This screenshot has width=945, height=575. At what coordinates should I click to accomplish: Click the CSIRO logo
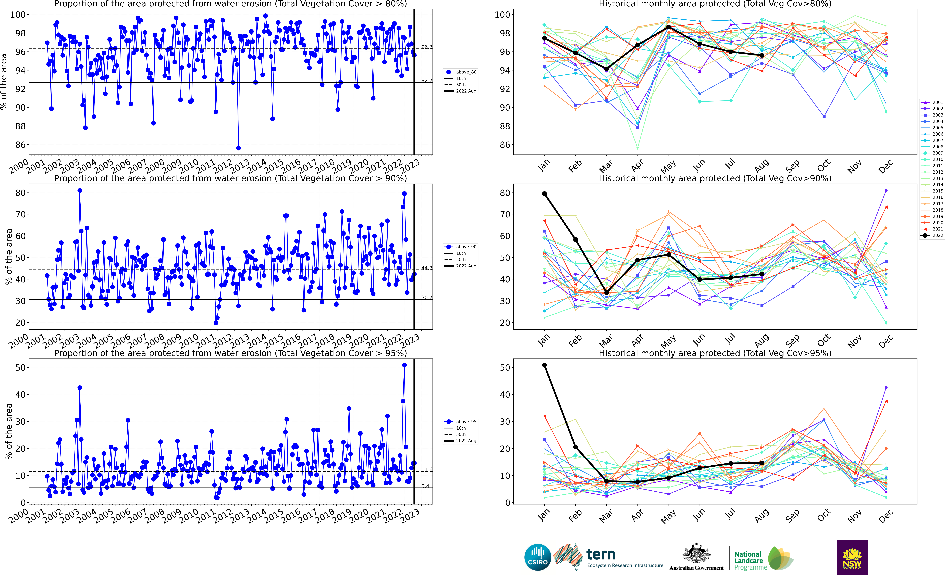tap(538, 557)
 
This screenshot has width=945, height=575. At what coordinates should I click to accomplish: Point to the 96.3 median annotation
tap(426, 47)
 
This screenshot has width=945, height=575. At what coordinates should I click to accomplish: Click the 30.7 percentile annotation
tap(426, 297)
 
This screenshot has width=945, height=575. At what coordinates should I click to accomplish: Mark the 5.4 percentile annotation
tap(425, 486)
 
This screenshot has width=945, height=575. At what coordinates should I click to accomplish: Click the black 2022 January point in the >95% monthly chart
tap(544, 365)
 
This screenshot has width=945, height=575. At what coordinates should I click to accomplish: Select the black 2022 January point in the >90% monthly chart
tap(544, 194)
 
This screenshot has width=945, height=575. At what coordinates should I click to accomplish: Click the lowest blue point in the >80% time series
tap(239, 148)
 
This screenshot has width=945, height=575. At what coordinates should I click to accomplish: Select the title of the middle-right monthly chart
tap(715, 178)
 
